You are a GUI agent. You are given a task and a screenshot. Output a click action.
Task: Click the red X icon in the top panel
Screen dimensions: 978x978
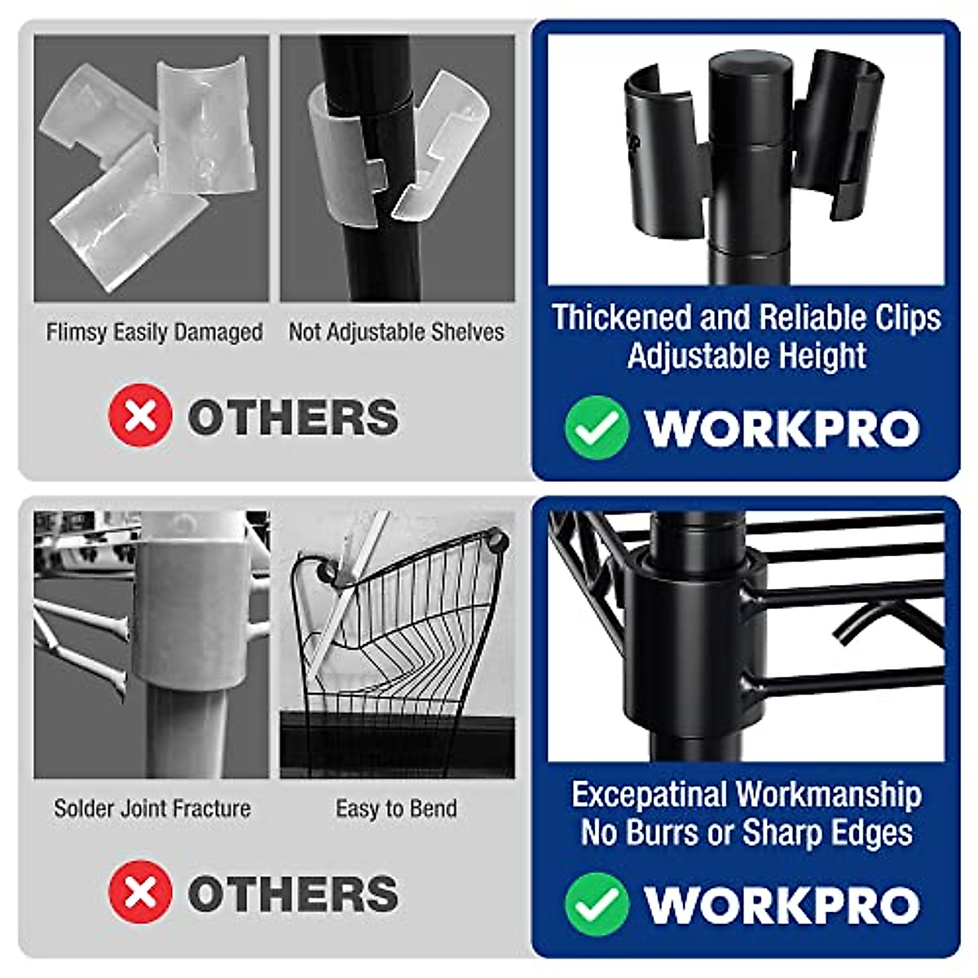tap(140, 416)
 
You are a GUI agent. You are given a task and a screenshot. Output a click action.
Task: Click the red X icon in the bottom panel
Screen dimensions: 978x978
tap(140, 892)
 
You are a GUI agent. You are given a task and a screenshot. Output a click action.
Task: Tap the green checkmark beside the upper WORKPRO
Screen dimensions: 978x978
tap(597, 428)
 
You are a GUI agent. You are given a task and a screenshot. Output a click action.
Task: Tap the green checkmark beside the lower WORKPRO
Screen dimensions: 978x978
tap(597, 904)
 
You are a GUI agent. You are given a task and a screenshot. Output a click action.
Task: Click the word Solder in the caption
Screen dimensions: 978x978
tap(82, 808)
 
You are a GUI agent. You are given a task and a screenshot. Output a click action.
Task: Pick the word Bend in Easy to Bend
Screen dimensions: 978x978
tap(436, 808)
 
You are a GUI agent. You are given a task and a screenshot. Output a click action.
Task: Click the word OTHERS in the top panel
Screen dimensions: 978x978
tap(293, 417)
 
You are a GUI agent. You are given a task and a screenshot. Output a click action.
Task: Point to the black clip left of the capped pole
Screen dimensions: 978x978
tap(664, 139)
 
